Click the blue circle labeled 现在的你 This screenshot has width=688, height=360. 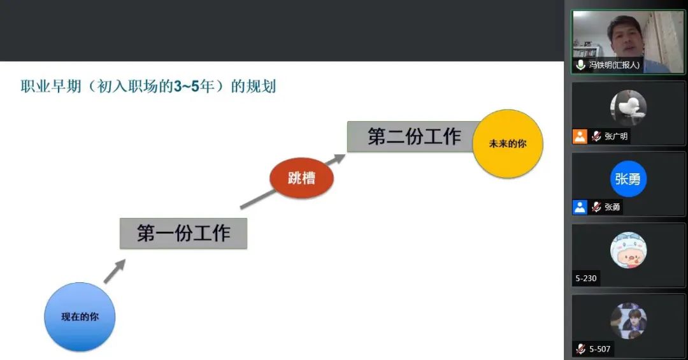(x=80, y=317)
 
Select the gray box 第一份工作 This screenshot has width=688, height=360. (x=183, y=233)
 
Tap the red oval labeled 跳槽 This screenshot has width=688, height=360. (x=301, y=178)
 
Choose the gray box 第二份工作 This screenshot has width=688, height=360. (x=412, y=136)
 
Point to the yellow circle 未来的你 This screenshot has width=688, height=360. (x=508, y=143)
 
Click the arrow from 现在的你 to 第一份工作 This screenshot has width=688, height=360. (x=115, y=271)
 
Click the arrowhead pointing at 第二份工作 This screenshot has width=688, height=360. (x=339, y=159)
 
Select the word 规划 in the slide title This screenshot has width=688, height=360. (x=261, y=86)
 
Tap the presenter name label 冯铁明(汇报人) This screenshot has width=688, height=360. (x=614, y=65)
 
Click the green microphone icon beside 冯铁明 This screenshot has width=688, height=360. (x=580, y=65)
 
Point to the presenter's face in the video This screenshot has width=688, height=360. (x=624, y=37)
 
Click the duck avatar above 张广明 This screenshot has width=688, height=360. (x=628, y=108)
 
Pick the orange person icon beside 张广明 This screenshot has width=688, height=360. (x=580, y=136)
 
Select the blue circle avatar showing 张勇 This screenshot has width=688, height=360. (x=628, y=178)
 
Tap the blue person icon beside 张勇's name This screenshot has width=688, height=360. (x=580, y=207)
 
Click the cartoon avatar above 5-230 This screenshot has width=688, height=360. (x=628, y=250)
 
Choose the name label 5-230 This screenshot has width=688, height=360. (x=586, y=278)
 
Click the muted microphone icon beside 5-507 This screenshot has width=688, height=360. (x=580, y=349)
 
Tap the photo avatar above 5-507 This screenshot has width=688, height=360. (x=628, y=320)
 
